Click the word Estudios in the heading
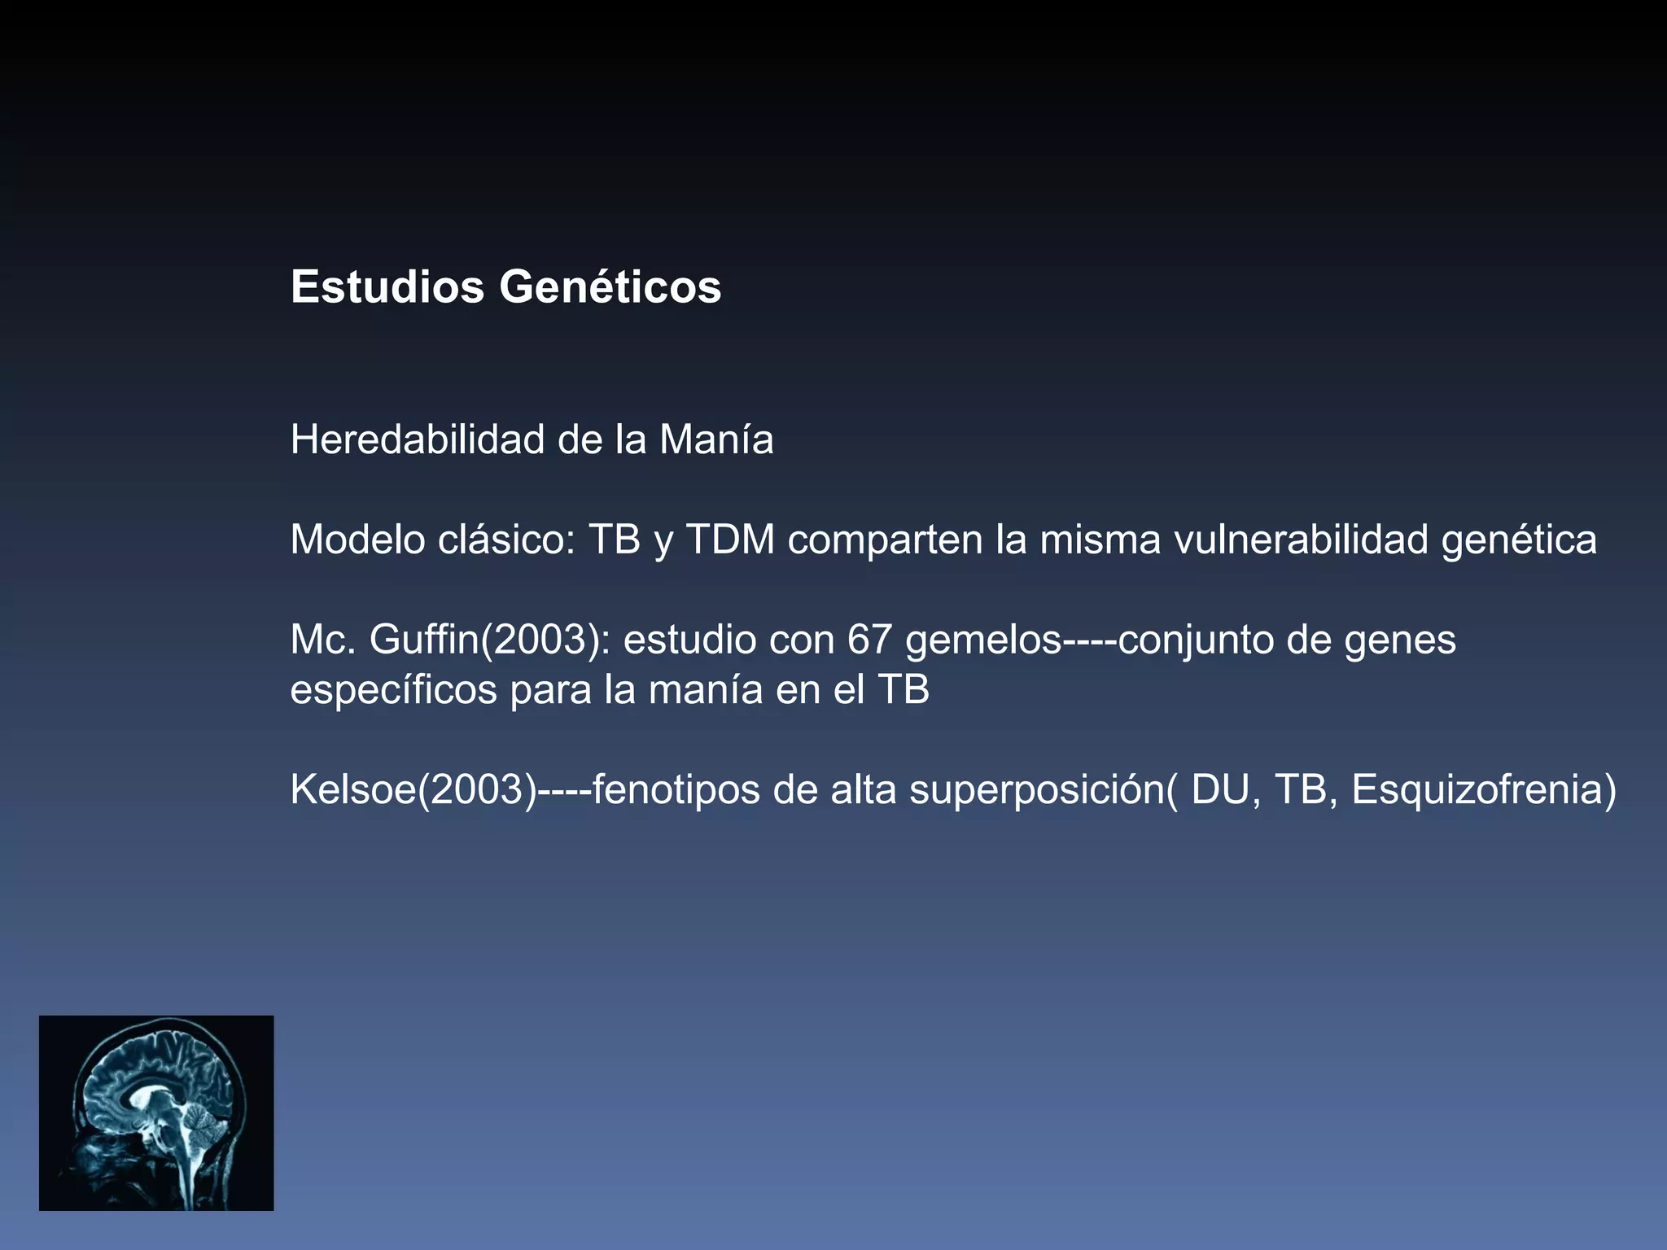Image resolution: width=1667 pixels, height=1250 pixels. (x=387, y=287)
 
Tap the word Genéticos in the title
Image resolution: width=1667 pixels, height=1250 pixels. (x=610, y=287)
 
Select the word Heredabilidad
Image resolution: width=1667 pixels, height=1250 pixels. (x=418, y=440)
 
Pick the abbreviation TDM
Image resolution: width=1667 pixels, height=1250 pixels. (x=730, y=540)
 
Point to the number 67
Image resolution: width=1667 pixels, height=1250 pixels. (x=869, y=640)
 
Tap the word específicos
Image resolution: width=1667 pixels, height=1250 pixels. (x=393, y=691)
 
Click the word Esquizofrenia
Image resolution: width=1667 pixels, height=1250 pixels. (x=1476, y=789)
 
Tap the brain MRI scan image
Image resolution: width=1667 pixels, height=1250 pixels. (x=156, y=1112)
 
